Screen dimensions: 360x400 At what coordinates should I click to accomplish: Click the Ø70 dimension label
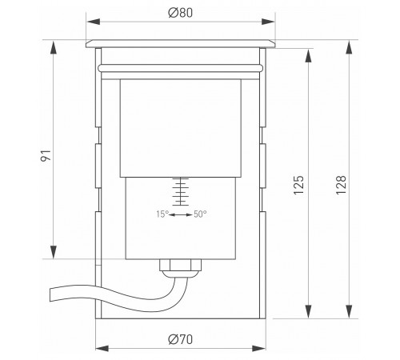coord(180,339)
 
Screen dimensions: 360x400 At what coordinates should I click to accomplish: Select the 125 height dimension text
coord(299,186)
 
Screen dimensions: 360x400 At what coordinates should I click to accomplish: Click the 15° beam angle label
coord(164,214)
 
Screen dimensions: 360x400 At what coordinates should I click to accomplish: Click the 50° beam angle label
coord(201,214)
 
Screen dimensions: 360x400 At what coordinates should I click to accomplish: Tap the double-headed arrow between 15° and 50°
coord(182,214)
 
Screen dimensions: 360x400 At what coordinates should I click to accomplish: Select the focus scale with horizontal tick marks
coord(182,192)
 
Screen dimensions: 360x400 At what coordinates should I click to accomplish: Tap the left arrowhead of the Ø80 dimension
coord(89,21)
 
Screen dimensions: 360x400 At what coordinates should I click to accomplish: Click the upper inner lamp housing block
coord(181,128)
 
